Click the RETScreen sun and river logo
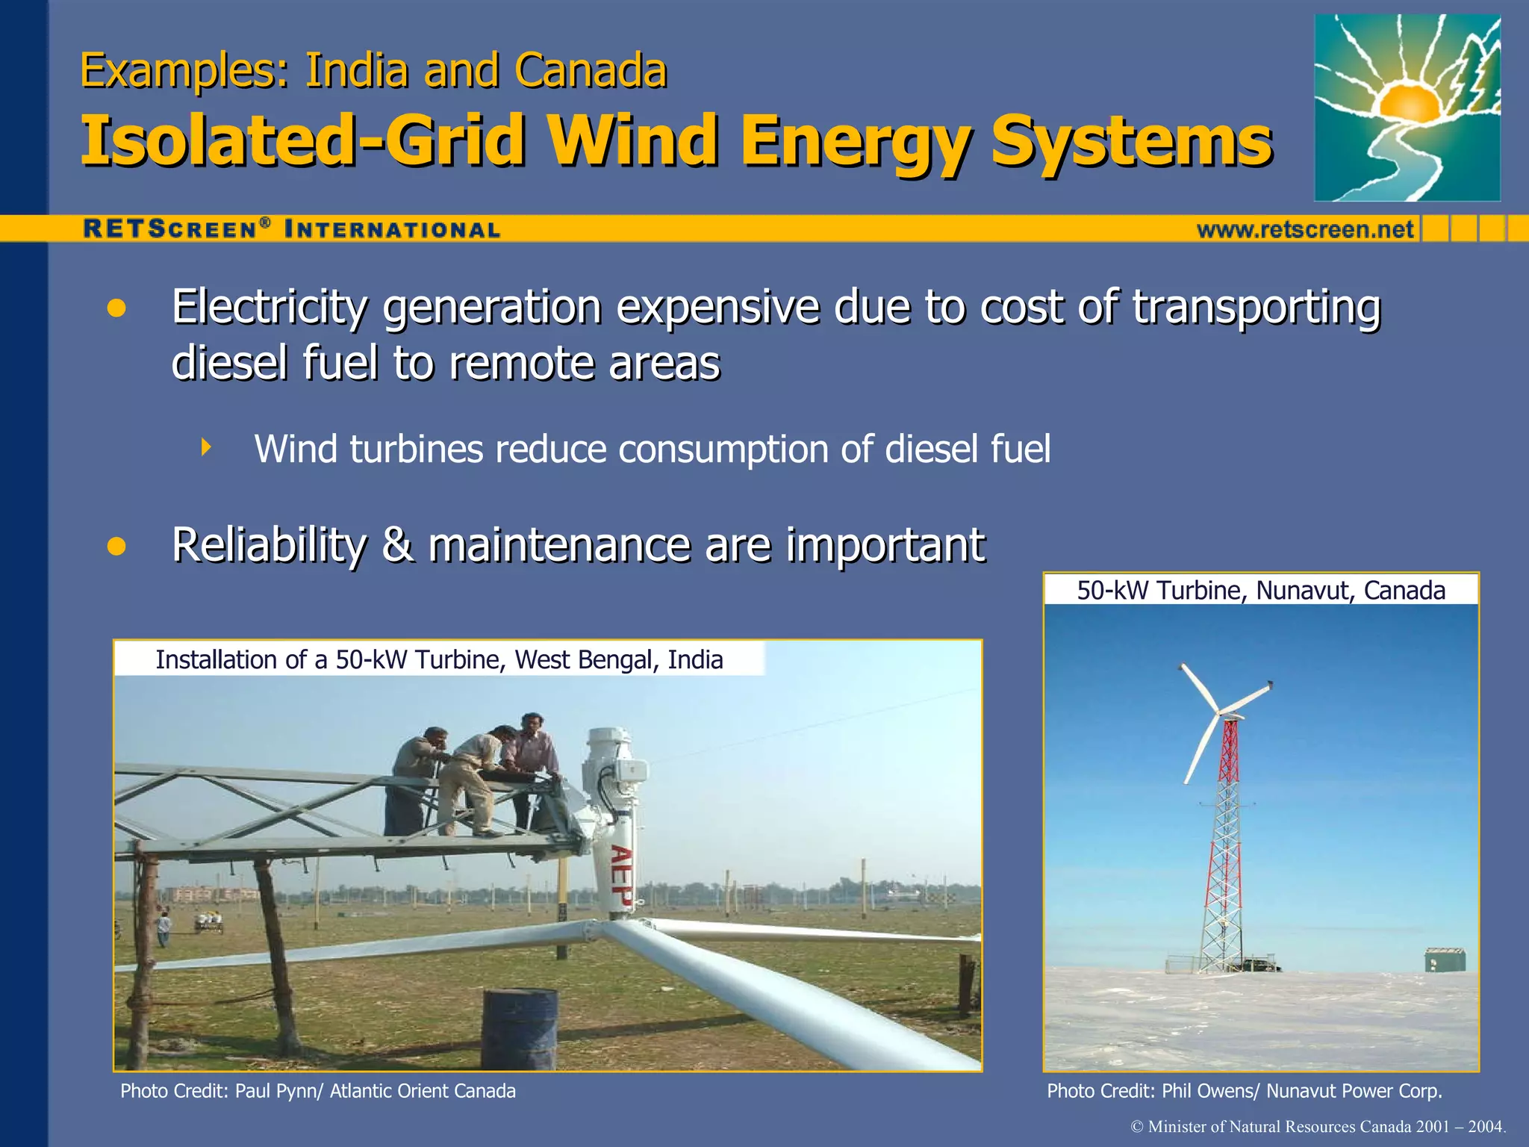pyautogui.click(x=1407, y=108)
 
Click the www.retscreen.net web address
pyautogui.click(x=1305, y=229)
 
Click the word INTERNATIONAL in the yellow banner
pyautogui.click(x=393, y=230)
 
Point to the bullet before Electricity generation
pyautogui.click(x=116, y=308)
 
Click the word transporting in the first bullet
pyautogui.click(x=1256, y=308)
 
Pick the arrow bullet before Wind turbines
pyautogui.click(x=206, y=448)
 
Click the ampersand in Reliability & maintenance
pyautogui.click(x=397, y=544)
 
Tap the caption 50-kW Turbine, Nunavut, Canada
pyautogui.click(x=1260, y=590)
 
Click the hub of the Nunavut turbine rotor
pyautogui.click(x=1221, y=713)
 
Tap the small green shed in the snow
pyautogui.click(x=1445, y=960)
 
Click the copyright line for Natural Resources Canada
pyautogui.click(x=1318, y=1127)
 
